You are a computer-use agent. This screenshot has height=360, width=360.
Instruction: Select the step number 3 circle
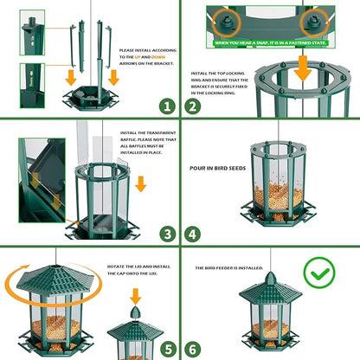[166, 233]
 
